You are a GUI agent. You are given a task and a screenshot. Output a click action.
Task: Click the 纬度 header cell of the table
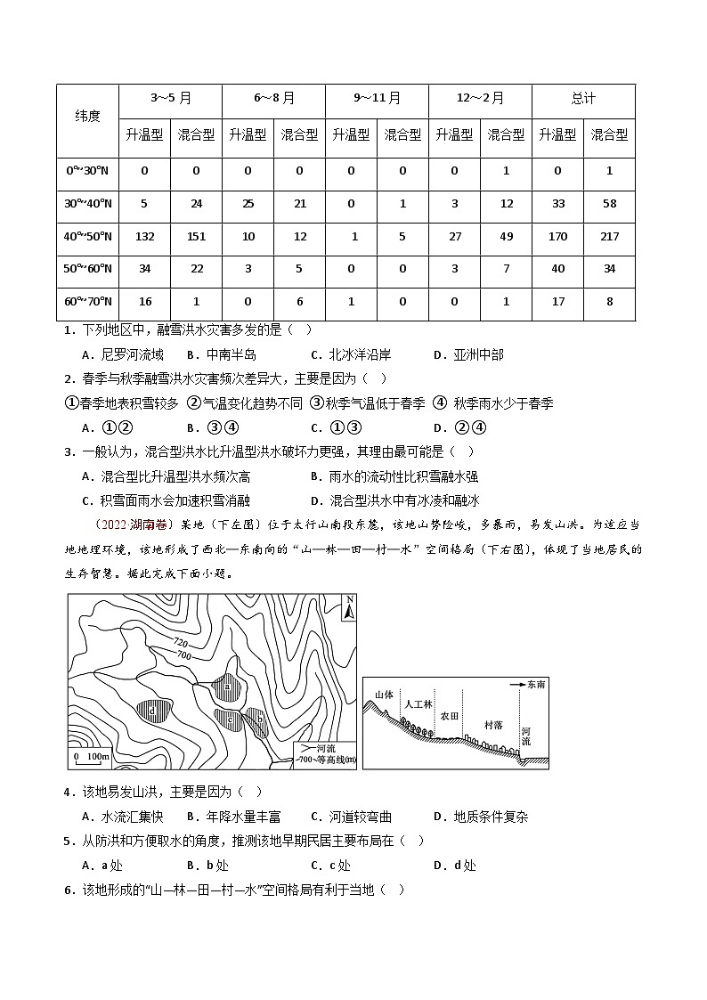87,118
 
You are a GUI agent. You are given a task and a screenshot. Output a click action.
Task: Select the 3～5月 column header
170,98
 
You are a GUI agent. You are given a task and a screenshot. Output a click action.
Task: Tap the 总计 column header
583,98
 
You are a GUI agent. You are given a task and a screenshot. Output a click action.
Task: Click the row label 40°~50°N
87,236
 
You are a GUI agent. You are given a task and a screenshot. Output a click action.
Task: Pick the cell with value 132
144,236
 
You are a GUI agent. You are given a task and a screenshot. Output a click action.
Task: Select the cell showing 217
609,236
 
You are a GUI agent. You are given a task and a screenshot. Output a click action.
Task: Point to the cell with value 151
196,236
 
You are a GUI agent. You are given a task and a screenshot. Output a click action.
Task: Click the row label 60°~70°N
87,302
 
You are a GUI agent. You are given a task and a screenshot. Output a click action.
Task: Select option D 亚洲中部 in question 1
469,354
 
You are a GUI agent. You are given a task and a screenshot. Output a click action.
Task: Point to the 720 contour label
181,642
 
